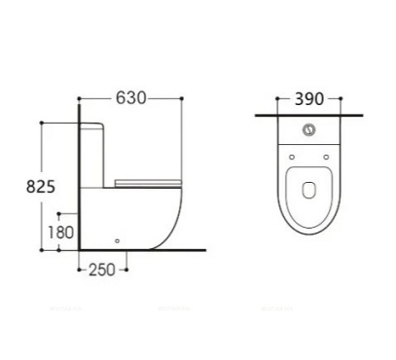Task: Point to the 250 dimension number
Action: coord(101,270)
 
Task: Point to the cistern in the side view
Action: coord(97,156)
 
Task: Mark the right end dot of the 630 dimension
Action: coord(181,98)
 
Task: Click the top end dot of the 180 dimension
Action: coord(61,213)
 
